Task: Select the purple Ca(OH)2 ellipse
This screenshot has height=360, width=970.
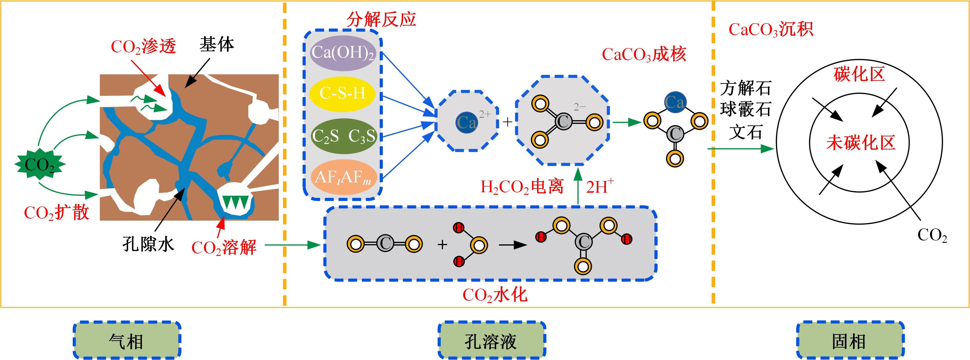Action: pos(343,53)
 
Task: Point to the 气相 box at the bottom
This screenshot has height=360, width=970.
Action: pos(127,340)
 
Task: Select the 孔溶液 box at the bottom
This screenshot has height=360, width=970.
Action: pos(491,340)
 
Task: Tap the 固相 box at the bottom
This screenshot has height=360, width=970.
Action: pos(850,340)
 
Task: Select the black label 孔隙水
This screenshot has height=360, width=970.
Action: pos(148,244)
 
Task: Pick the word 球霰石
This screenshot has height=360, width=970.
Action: pos(746,110)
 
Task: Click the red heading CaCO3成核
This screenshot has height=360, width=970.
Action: pos(644,55)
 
